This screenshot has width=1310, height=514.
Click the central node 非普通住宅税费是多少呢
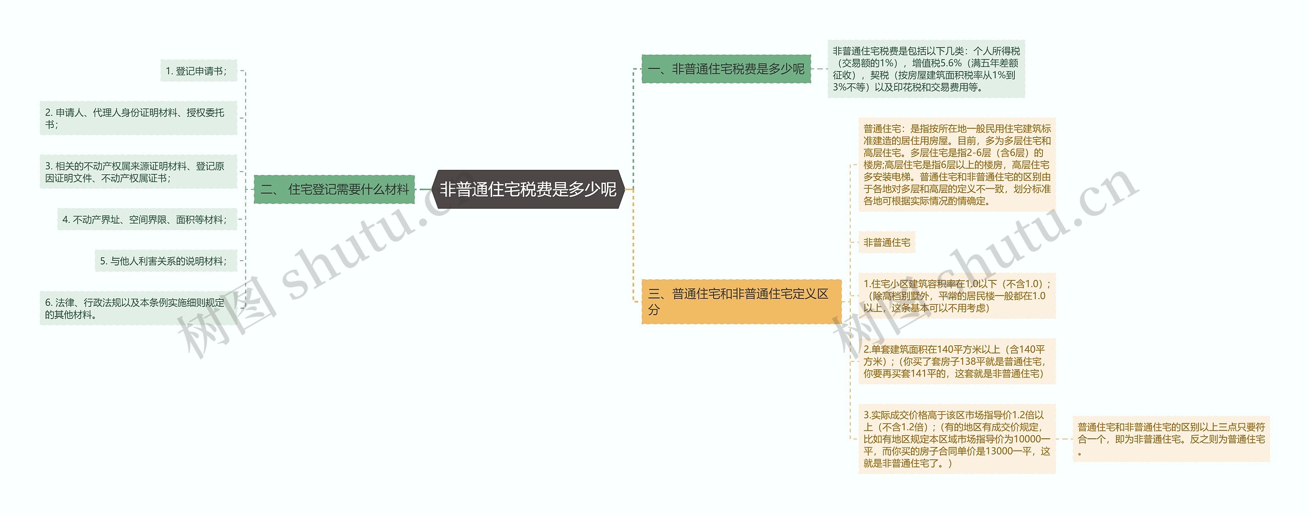coord(528,189)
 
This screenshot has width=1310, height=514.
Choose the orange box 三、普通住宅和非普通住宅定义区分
coord(741,301)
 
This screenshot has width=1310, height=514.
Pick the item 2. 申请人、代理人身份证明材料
coord(138,118)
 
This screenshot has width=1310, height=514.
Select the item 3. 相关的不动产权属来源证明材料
coord(138,172)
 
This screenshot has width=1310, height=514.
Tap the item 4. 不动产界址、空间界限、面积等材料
coord(147,219)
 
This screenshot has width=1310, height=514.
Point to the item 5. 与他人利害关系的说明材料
coord(166,261)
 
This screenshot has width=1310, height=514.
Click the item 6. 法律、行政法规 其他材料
coord(138,308)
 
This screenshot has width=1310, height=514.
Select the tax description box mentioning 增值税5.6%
coord(926,69)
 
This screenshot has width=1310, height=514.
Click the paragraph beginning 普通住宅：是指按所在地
coord(956,165)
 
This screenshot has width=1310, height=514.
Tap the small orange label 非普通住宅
coord(886,242)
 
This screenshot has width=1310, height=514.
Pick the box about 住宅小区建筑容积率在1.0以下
coord(956,296)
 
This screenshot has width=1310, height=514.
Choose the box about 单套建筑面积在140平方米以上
coord(956,361)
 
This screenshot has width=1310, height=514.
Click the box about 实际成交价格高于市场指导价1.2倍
coord(956,439)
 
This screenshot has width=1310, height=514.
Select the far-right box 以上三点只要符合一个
coord(1171,439)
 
